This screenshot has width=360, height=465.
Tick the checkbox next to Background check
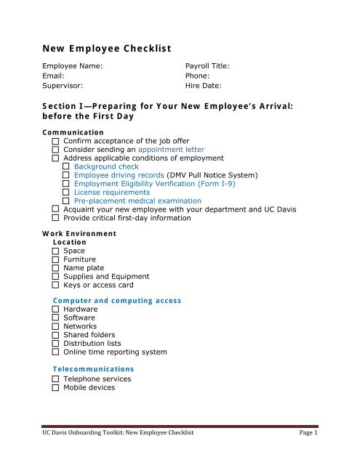(66, 166)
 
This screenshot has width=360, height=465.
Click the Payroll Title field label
(208, 65)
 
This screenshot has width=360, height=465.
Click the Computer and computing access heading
(117, 300)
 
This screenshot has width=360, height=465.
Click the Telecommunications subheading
(94, 368)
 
